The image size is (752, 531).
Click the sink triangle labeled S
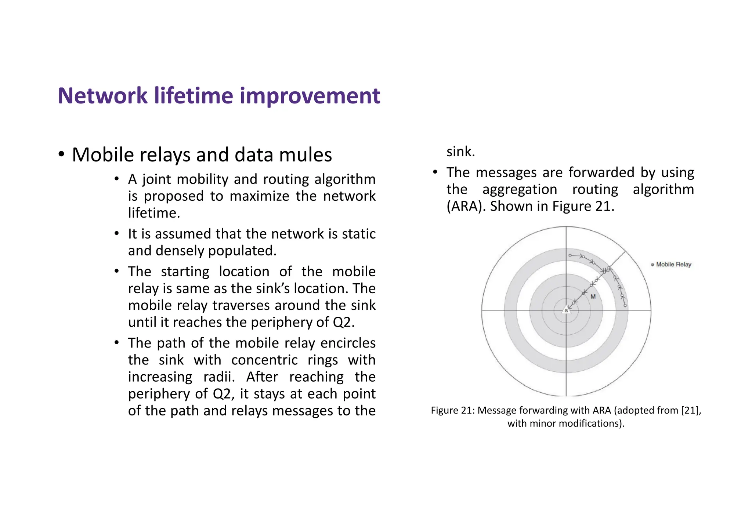566,310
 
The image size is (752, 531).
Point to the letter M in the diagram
593,297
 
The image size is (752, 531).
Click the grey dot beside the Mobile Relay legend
652,265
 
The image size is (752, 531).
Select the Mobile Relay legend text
673,264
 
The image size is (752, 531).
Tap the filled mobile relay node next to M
583,293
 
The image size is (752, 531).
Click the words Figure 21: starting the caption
453,410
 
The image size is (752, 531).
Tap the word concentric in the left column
264,360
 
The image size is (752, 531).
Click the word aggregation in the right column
520,189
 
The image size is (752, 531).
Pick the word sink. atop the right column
461,152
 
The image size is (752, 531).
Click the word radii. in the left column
219,377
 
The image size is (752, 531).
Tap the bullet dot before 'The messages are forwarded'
435,172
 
